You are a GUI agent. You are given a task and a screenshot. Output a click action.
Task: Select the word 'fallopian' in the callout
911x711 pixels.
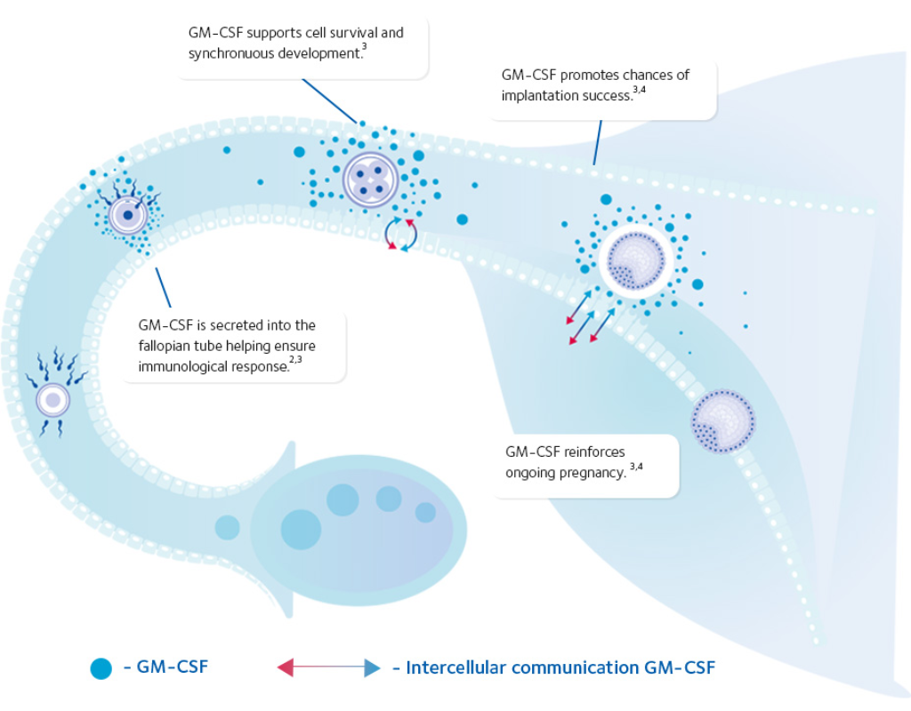pos(167,346)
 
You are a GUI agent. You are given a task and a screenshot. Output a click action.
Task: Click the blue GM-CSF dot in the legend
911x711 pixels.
pos(101,668)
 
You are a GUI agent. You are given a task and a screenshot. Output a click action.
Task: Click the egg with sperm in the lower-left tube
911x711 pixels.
pos(52,400)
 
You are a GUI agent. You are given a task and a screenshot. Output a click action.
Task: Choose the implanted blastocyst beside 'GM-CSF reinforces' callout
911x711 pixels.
pos(722,420)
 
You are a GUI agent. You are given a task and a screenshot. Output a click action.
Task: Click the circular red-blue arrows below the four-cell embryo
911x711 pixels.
pos(399,235)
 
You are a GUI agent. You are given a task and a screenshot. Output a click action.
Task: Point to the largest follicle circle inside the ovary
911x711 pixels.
pos(301,529)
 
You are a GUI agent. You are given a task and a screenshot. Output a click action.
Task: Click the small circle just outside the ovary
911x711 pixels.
pos(227,528)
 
